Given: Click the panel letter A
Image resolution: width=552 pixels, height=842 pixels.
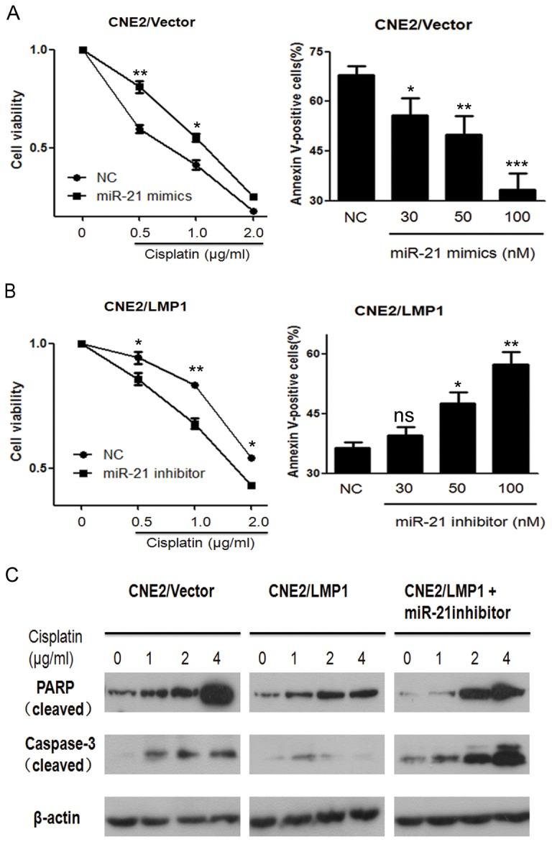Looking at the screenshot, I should [x=12, y=13].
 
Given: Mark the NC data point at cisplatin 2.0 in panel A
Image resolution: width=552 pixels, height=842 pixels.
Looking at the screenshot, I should [x=254, y=211].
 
